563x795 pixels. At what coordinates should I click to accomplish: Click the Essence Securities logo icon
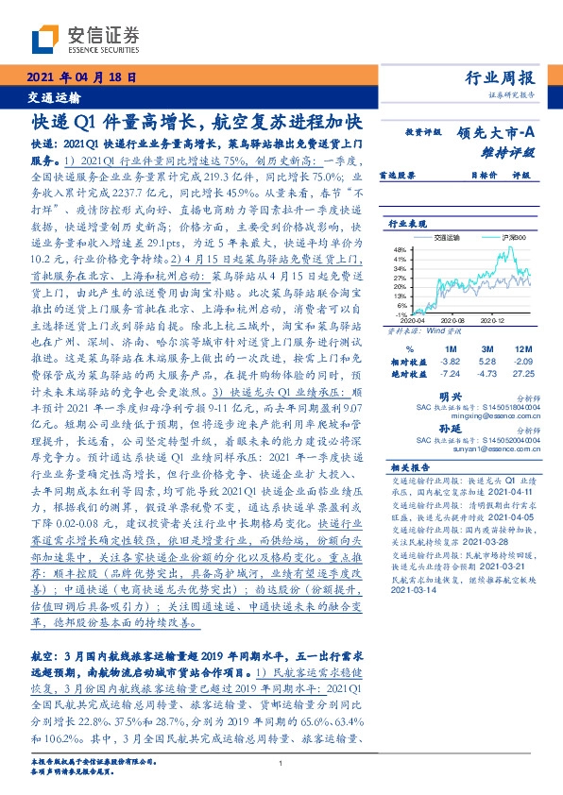click(45, 37)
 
